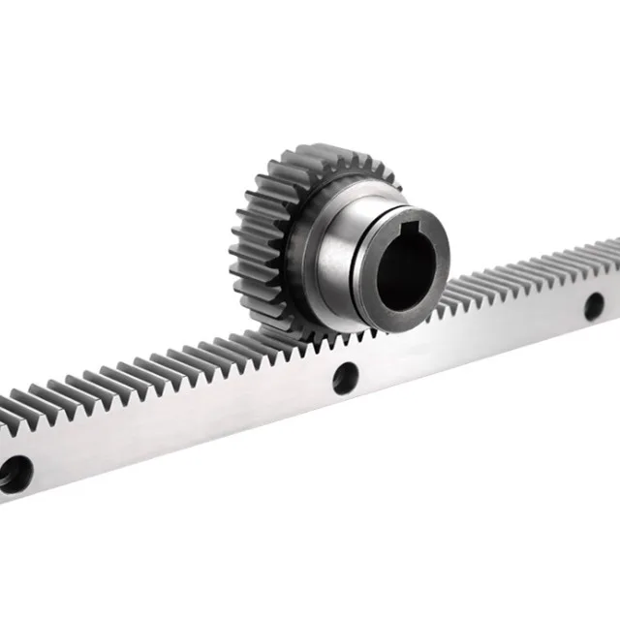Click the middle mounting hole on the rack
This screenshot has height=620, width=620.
(x=343, y=376)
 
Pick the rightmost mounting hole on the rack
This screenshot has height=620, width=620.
(x=593, y=307)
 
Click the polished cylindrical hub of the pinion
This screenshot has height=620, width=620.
(x=339, y=252)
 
